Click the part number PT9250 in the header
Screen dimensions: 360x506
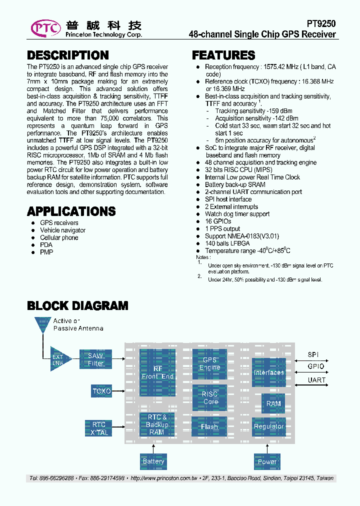click(x=321, y=23)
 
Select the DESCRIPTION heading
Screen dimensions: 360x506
click(x=67, y=55)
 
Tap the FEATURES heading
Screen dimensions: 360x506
click(x=223, y=55)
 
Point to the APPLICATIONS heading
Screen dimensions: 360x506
click(x=71, y=211)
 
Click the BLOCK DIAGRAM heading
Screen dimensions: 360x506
click(x=77, y=305)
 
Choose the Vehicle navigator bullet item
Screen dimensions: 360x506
click(x=62, y=230)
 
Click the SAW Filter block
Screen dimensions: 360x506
click(x=95, y=359)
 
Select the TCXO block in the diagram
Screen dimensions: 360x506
click(x=101, y=390)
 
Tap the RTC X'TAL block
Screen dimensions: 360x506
click(x=99, y=428)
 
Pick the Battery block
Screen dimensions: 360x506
click(x=153, y=461)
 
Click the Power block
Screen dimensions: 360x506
click(x=267, y=461)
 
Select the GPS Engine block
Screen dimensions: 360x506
click(x=209, y=363)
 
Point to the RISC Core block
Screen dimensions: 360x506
click(x=209, y=397)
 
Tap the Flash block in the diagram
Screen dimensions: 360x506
click(x=209, y=426)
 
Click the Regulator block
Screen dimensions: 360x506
click(x=269, y=426)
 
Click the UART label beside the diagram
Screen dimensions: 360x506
click(x=316, y=380)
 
